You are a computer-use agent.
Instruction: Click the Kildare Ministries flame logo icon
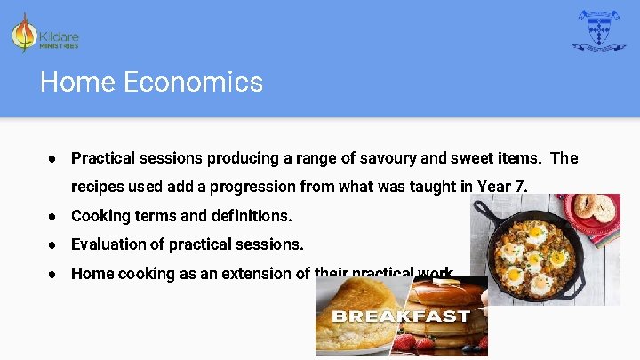pos(24,34)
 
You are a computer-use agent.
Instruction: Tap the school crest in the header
pos(598,31)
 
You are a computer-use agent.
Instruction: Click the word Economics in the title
pos(193,83)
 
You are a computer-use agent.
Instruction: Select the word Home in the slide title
pos(77,83)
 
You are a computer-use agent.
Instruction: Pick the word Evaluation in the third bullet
pos(107,244)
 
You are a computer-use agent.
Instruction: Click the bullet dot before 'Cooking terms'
pos(54,216)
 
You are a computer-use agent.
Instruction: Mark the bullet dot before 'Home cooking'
pos(54,274)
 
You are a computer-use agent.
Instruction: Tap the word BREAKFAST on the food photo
pos(400,316)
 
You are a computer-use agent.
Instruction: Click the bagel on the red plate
pos(591,207)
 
